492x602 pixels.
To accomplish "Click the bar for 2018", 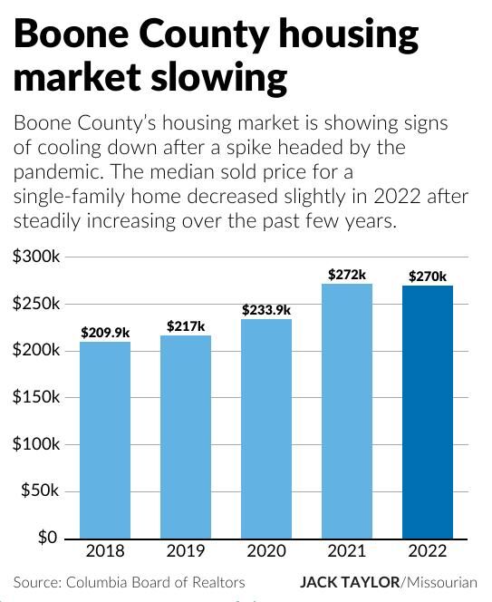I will (105, 440).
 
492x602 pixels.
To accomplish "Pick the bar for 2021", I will (347, 412).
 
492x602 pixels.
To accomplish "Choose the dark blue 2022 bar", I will (428, 413).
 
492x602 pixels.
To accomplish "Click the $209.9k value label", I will (105, 333).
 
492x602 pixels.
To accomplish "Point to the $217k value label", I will (186, 326).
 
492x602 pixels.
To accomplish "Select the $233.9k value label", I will (266, 310).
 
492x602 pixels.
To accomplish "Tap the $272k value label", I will (347, 274).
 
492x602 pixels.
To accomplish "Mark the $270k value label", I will (428, 276).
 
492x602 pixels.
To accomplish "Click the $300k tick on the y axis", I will (36, 257).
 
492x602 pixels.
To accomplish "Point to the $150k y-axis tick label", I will (36, 397).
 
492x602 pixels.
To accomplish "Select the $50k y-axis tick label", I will (40, 490).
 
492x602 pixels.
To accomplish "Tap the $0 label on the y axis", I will (48, 538).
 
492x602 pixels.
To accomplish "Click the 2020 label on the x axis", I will (266, 550).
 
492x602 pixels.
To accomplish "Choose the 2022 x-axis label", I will (428, 550).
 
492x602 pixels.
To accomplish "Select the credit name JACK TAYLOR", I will (350, 582).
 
